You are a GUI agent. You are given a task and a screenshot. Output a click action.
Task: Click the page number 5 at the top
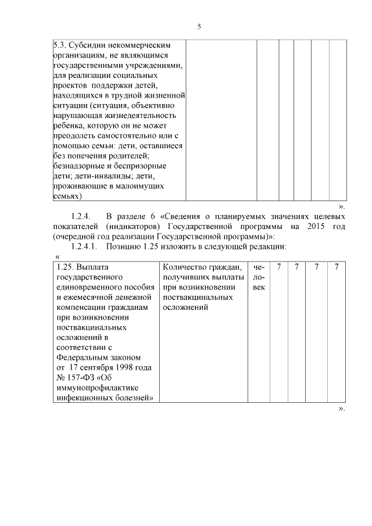(x=199, y=27)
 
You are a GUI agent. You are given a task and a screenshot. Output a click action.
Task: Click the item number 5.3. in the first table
(x=60, y=44)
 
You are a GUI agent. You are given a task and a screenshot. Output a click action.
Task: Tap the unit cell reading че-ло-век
(x=259, y=277)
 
